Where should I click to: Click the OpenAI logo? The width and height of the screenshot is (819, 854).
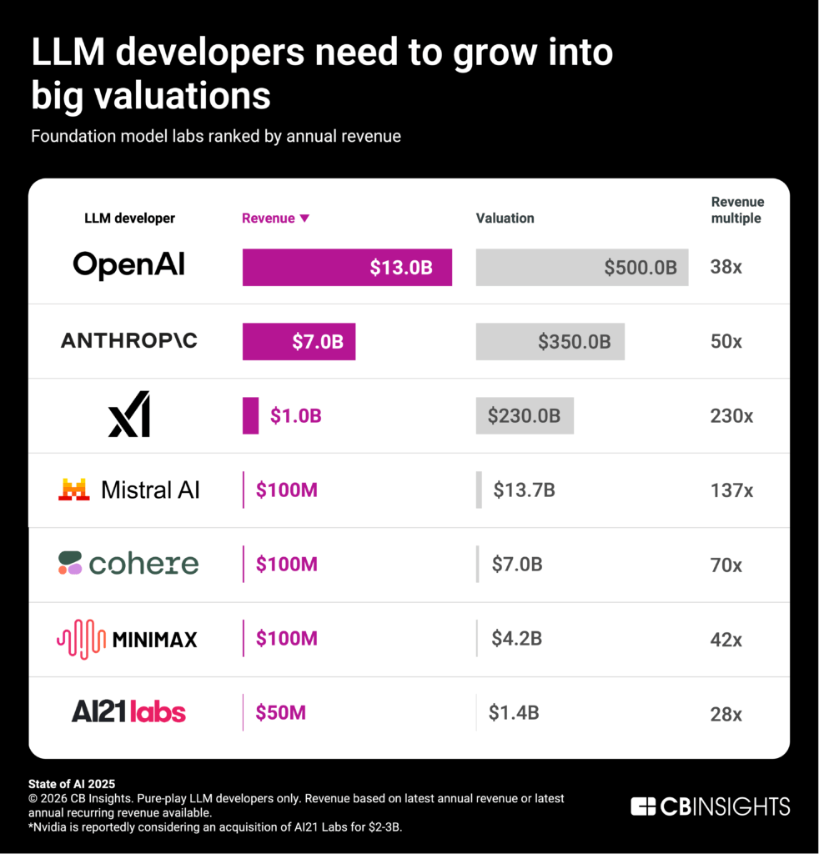point(128,265)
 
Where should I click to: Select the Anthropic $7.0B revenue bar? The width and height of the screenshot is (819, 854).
point(299,341)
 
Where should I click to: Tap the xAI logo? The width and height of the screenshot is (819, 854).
point(129,414)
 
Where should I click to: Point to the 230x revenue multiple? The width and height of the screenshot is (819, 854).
point(731,415)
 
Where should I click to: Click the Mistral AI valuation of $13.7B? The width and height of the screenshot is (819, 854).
point(524,490)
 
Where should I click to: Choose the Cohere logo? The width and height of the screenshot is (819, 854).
point(128,564)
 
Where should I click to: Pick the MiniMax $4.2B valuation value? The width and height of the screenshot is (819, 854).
point(517,639)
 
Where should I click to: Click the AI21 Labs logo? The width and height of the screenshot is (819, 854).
point(128,711)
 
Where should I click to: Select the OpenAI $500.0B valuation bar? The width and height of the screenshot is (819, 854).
point(581,267)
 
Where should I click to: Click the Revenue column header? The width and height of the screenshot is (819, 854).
point(268,219)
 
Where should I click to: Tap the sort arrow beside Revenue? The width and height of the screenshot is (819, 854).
point(304,219)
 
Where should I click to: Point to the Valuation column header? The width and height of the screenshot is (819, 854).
point(505,219)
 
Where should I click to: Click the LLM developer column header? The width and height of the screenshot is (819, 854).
point(129,219)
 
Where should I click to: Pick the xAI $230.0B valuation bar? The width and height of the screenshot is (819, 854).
point(525,415)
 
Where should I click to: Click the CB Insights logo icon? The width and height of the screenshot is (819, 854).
point(643,806)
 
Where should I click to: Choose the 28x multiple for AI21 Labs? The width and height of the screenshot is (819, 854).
point(726,714)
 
